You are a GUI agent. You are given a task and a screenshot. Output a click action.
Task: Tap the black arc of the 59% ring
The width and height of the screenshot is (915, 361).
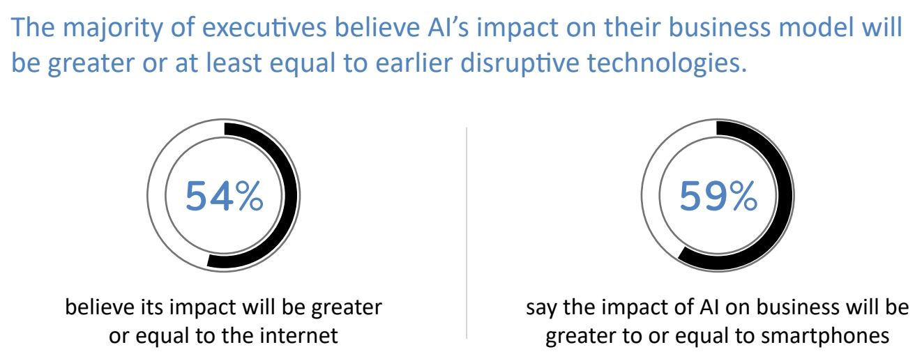click(785, 202)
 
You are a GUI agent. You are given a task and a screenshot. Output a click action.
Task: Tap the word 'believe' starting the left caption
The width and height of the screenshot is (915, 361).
click(87, 307)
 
